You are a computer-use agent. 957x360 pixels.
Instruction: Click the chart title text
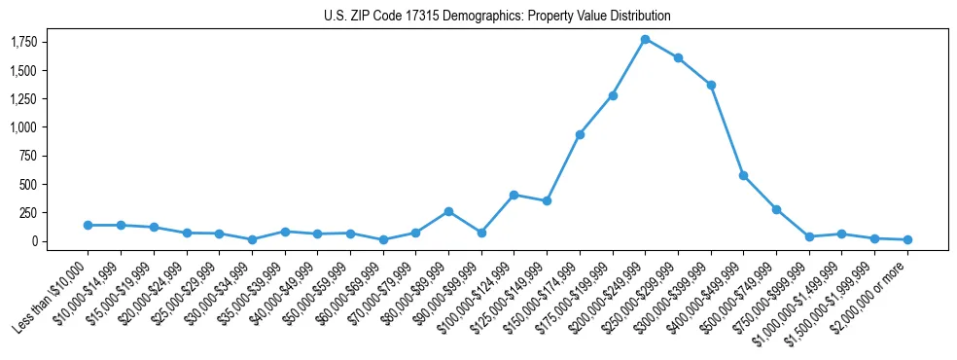pos(497,17)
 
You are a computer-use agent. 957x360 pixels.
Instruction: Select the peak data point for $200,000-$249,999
pos(645,39)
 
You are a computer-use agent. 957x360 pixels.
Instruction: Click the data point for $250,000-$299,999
pos(678,57)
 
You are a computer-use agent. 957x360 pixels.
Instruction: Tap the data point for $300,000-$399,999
pos(711,85)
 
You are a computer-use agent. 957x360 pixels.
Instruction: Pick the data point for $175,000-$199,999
pos(613,95)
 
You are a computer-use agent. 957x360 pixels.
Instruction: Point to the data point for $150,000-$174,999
pos(580,134)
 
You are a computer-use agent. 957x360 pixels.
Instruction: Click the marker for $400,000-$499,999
pos(743,175)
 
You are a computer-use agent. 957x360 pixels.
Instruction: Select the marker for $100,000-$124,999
pos(514,195)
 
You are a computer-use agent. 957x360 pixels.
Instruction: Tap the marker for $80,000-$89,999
pos(448,211)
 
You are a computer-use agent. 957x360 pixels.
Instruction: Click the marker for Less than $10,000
pos(88,225)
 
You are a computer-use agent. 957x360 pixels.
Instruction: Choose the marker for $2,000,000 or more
pos(907,239)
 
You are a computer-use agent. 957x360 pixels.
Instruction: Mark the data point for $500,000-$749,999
pos(776,209)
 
